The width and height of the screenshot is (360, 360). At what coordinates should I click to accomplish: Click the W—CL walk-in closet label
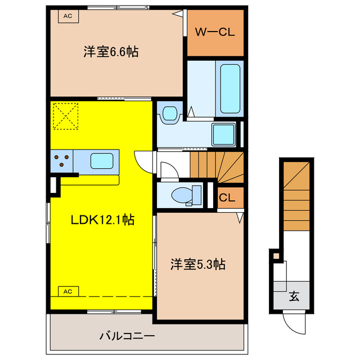coord(215,32)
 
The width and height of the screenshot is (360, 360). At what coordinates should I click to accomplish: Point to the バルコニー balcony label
coord(127,336)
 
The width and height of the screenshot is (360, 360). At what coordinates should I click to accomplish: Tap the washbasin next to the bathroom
coord(169,113)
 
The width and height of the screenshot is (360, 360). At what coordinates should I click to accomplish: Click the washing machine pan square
coord(223,134)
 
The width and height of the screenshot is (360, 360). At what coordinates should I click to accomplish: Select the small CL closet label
coord(227,197)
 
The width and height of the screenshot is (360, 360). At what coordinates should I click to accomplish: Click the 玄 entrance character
coord(294,296)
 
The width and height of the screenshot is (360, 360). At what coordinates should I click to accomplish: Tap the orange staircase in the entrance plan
coord(296,193)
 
